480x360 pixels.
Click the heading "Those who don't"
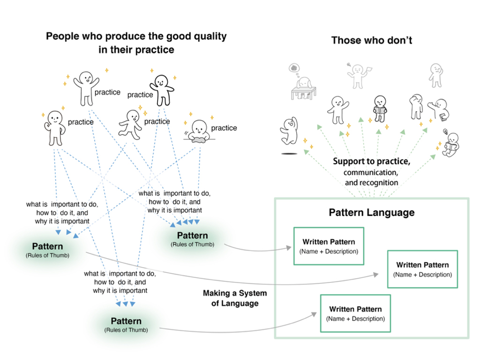tap(371, 40)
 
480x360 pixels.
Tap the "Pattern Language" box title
tap(371, 212)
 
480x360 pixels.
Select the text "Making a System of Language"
tap(234, 298)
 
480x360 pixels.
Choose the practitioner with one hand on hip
tap(54, 127)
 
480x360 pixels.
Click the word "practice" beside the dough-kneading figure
tap(224, 128)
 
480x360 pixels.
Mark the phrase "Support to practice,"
tap(372, 162)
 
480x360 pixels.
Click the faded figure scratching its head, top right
tap(436, 75)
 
